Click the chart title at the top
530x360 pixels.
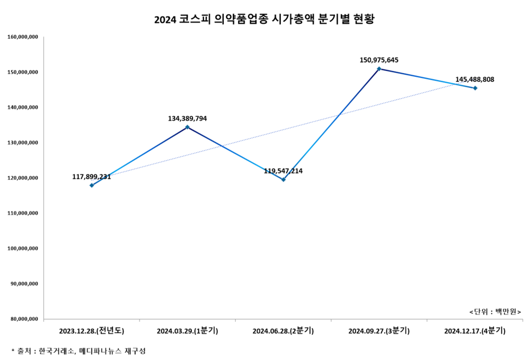click(x=264, y=20)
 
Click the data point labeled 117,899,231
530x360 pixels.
click(x=92, y=185)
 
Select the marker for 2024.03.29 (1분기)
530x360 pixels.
click(x=187, y=127)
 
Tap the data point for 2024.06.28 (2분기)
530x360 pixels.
click(x=284, y=179)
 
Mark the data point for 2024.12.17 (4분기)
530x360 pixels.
click(x=475, y=88)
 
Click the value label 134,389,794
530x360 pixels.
click(x=187, y=118)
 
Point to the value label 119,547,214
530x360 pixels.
click(x=283, y=171)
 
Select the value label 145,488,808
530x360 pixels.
click(x=474, y=80)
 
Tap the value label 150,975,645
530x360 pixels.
click(x=379, y=60)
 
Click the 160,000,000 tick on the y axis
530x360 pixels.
click(x=23, y=37)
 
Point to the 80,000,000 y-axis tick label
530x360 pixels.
click(x=24, y=319)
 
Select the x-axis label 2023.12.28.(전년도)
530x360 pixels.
click(x=92, y=331)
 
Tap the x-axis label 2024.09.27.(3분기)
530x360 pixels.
click(x=379, y=331)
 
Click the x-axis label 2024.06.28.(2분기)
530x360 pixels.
click(x=283, y=331)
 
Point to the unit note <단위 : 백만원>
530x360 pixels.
click(x=495, y=311)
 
